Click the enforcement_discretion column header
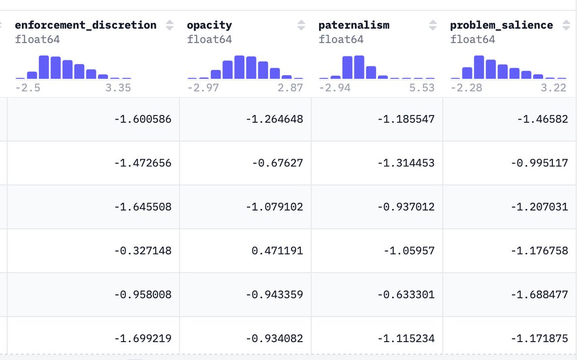coord(86,25)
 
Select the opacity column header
coord(210,25)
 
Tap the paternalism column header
coord(354,25)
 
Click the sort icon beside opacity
coord(301,25)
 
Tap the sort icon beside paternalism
coord(433,25)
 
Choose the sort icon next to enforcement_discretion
coord(169,25)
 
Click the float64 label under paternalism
coord(341,39)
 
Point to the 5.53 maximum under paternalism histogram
coord(421,88)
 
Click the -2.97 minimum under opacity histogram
coord(203,88)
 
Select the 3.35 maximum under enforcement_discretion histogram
coord(118,88)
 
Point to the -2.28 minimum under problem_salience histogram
coord(467,88)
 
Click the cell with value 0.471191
coord(245,251)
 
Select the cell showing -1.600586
coord(93,119)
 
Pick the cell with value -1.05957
coord(377,251)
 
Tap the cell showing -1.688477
coord(509,295)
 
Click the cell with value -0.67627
coord(245,163)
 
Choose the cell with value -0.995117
coord(509,163)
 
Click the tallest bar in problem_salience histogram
coord(479,67)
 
